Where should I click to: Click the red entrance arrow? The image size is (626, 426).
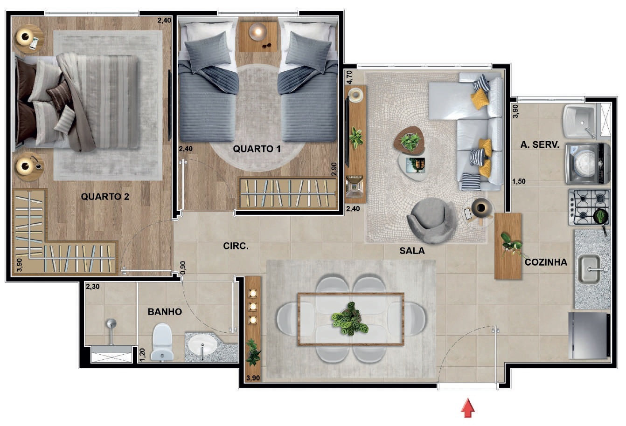click(468, 408)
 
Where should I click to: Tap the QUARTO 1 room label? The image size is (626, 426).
click(257, 149)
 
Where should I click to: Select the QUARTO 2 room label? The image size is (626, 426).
click(105, 197)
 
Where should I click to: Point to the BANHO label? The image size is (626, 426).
click(165, 311)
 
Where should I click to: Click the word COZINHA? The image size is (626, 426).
click(546, 262)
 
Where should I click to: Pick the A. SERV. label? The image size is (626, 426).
click(540, 144)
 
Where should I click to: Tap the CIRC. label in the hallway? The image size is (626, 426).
click(236, 246)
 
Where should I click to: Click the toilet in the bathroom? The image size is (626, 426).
click(162, 342)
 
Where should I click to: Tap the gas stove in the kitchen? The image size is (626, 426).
click(590, 207)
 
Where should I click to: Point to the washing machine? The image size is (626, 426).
click(587, 163)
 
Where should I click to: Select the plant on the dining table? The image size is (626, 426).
click(350, 319)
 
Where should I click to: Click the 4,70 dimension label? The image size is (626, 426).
click(349, 77)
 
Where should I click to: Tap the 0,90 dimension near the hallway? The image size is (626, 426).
click(183, 268)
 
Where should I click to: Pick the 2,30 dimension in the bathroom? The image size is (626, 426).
click(92, 287)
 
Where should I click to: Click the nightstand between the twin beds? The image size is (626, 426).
click(257, 37)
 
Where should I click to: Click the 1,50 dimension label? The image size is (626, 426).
click(519, 181)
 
